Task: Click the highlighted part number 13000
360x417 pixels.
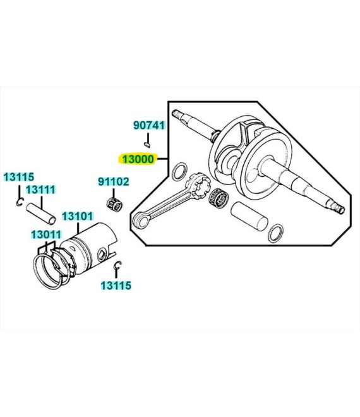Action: tap(138, 159)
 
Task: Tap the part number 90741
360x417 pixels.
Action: tap(149, 125)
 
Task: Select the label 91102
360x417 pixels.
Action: tap(114, 181)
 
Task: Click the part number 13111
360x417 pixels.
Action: tap(40, 190)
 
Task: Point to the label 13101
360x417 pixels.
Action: tap(78, 217)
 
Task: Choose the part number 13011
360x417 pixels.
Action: tap(46, 235)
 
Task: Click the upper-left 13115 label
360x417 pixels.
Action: tap(18, 177)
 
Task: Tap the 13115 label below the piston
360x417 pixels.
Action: tap(116, 286)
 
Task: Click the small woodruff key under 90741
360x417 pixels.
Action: tap(147, 145)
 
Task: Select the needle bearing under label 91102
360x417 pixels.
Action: tap(114, 204)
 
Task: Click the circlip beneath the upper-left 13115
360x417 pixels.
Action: tap(20, 202)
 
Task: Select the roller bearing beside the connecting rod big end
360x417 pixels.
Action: tap(219, 198)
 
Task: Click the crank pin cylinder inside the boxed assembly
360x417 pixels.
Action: tap(249, 216)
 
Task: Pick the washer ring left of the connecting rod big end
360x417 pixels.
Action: tap(179, 171)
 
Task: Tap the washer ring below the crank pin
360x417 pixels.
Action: tap(275, 234)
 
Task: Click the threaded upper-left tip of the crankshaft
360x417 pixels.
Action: tap(176, 114)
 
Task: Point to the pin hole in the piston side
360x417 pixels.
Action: tap(102, 255)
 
